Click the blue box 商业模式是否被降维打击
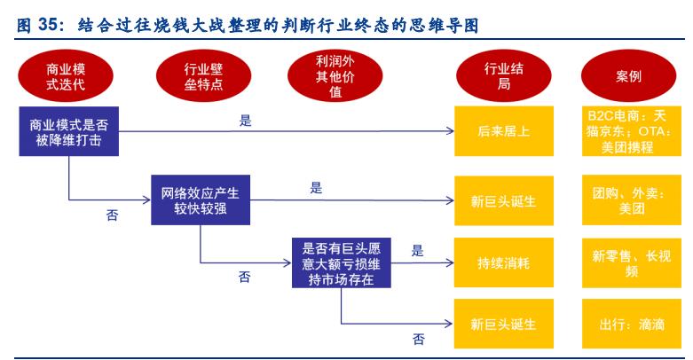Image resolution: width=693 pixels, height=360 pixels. [68, 130]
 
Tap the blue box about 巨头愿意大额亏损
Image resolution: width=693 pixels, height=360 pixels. [340, 262]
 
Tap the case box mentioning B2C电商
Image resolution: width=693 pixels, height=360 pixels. [628, 132]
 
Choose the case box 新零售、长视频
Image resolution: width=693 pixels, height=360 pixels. [628, 262]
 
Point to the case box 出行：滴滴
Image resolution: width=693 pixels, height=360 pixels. [628, 324]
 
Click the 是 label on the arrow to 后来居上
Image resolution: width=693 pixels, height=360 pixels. [246, 121]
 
